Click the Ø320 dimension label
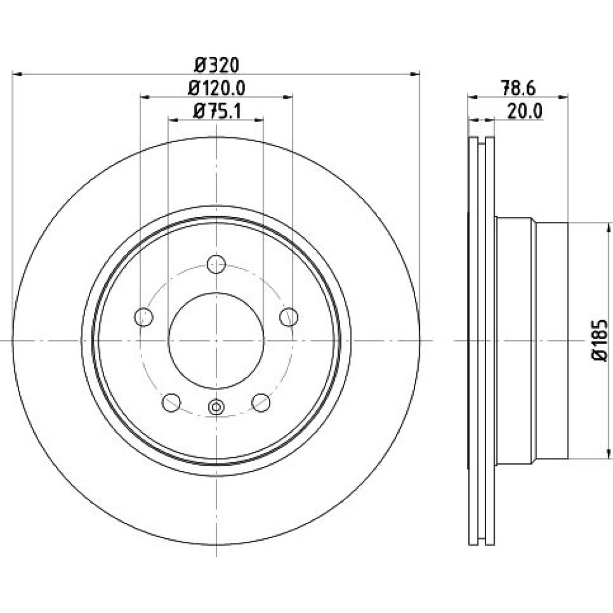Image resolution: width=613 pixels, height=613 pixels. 216,66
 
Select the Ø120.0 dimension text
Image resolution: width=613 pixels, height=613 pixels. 216,88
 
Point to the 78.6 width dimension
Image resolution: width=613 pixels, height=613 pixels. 519,88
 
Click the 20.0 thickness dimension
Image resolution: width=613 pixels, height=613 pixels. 525,112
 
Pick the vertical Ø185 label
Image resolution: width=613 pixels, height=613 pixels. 600,340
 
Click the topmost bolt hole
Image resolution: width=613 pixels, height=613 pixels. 216,264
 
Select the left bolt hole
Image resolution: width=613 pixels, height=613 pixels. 143,317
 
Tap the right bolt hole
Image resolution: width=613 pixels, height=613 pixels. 289,317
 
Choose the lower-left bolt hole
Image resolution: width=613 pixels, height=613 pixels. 171,403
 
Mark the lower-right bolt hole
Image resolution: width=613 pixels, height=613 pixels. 261,403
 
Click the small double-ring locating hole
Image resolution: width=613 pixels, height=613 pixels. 216,407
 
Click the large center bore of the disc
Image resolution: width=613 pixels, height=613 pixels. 216,340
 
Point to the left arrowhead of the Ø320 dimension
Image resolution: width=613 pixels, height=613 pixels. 17,73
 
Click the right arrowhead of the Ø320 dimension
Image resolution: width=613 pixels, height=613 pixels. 415,73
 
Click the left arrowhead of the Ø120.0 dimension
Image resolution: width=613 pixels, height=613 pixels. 145,96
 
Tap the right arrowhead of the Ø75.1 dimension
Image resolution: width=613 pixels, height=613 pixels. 259,120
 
